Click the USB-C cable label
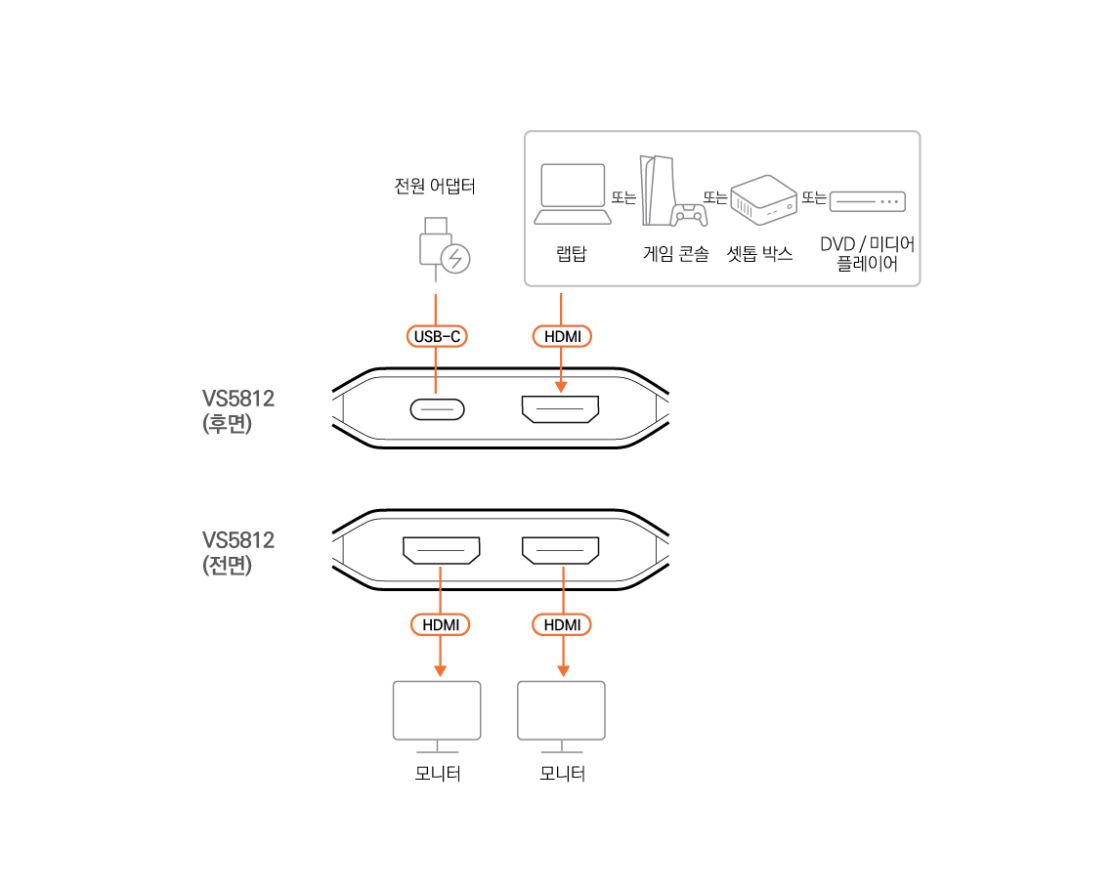coord(436,336)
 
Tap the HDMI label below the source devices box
coord(562,336)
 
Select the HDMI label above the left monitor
coord(440,624)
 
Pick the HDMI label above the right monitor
coord(562,624)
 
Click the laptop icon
coord(573,194)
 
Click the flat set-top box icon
coord(867,201)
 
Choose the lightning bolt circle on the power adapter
coord(455,259)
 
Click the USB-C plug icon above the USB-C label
coord(435,240)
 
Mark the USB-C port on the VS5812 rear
coord(437,410)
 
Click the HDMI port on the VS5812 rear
coord(560,410)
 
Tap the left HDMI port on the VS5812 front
coord(441,550)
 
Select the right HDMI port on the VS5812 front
coord(561,550)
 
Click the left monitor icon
coord(437,713)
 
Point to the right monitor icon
coord(561,713)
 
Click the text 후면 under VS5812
coord(227,425)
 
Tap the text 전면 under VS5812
coord(227,566)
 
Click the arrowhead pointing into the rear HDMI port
coord(561,387)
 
